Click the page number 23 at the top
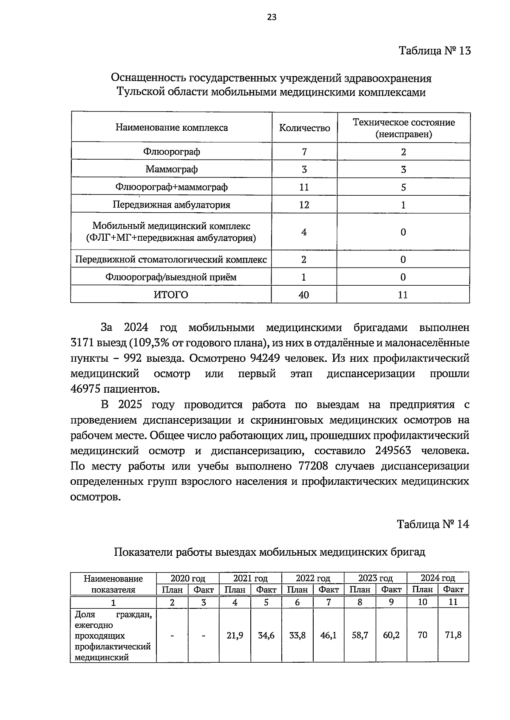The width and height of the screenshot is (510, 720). coord(272,17)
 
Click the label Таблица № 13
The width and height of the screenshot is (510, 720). coord(434,51)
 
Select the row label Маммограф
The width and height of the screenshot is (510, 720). coord(171,169)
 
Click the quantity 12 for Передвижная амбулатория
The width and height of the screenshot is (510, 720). coord(304,205)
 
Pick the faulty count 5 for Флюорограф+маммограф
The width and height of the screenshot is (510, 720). coord(403,187)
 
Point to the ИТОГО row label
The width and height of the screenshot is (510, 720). coord(171,295)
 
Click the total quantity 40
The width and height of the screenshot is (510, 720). coord(304,295)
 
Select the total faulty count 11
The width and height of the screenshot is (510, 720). coord(403,295)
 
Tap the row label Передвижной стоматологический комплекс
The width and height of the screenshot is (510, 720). coord(171,259)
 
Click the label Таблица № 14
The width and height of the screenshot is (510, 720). coord(433,524)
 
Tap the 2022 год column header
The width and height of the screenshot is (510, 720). coord(313,578)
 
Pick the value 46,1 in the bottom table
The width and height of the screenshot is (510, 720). coord(329,636)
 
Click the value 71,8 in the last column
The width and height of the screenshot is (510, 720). coord(453,636)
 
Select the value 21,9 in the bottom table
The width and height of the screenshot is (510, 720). coord(235,636)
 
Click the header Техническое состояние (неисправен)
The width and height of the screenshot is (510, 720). coord(403,128)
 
